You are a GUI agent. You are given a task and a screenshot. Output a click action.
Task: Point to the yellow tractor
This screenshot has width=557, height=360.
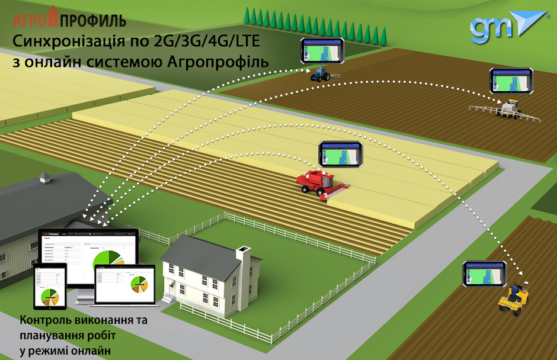tap(513, 298)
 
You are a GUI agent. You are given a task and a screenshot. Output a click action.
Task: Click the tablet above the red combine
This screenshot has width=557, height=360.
tap(341, 153)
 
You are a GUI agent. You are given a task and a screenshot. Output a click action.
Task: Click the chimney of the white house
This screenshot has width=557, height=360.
tap(244, 255)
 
